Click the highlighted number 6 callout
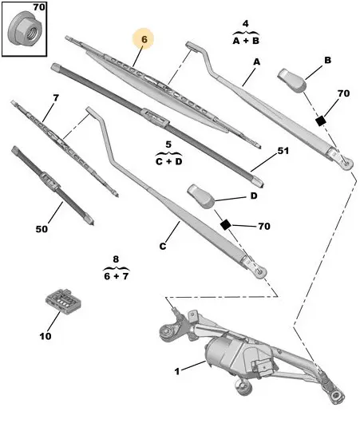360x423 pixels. [144, 39]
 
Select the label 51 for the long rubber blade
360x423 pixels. [283, 151]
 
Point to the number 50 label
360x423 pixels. [42, 229]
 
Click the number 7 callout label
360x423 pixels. [56, 98]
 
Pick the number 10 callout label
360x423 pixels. [45, 336]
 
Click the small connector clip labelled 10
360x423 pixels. [63, 302]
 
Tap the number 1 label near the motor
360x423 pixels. [177, 371]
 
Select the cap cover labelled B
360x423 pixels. [292, 81]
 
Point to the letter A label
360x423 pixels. [256, 61]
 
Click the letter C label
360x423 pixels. [163, 247]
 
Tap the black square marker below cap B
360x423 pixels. [321, 121]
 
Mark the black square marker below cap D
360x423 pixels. [225, 224]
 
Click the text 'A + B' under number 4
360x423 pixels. [246, 41]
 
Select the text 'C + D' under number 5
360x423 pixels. [168, 161]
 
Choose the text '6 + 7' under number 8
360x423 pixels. [116, 276]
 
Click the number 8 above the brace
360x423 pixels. [116, 259]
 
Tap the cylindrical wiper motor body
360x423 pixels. [220, 354]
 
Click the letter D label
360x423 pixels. [254, 196]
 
